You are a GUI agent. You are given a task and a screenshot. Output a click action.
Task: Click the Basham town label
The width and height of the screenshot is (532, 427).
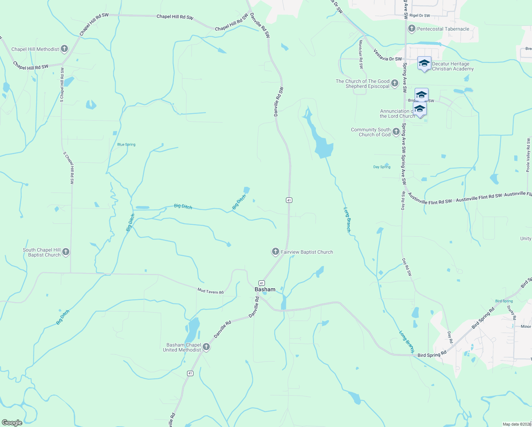tap(265, 289)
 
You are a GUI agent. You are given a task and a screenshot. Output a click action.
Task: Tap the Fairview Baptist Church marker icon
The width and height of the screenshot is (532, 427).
tap(275, 252)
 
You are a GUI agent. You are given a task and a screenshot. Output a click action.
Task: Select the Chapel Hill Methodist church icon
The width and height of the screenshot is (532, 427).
tap(64, 49)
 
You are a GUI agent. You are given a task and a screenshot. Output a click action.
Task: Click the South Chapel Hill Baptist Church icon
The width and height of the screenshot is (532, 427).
tap(66, 252)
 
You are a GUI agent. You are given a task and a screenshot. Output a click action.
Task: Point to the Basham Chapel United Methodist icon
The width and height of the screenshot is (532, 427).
tap(206, 347)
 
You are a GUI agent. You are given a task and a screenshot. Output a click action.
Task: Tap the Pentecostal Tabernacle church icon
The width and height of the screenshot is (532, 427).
tap(412, 28)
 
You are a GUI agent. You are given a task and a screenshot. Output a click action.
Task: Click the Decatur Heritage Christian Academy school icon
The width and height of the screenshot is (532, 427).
tap(424, 64)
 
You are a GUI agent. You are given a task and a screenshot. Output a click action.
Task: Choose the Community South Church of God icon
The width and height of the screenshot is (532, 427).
tap(396, 132)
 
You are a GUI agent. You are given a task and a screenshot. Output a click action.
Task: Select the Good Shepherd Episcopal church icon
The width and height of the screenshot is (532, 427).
tap(395, 84)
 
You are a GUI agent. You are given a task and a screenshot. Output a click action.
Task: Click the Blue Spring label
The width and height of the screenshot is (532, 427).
tap(126, 144)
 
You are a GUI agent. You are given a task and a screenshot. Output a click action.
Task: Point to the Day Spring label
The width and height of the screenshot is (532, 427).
tap(382, 167)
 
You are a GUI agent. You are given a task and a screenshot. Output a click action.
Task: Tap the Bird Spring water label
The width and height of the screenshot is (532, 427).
tap(504, 301)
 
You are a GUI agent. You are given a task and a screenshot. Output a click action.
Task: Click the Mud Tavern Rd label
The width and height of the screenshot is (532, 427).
tap(211, 291)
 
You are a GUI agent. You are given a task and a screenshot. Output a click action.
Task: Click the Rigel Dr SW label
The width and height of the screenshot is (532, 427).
tap(420, 16)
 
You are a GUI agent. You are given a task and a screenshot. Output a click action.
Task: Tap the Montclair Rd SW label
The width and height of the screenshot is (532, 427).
tap(361, 54)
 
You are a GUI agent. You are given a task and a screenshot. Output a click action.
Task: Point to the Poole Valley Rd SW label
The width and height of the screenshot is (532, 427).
tap(528, 155)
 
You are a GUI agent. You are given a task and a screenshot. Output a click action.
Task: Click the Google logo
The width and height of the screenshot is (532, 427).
tap(12, 423)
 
